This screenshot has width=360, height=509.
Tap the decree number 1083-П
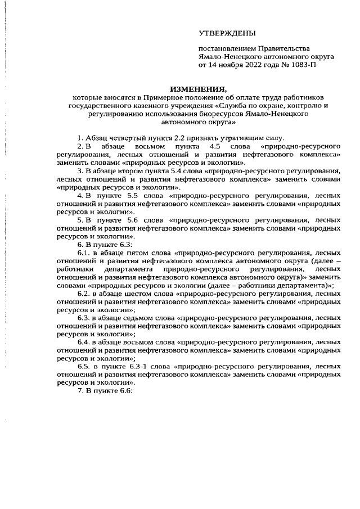pos(304,66)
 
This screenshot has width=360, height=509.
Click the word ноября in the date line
pos(227,66)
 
